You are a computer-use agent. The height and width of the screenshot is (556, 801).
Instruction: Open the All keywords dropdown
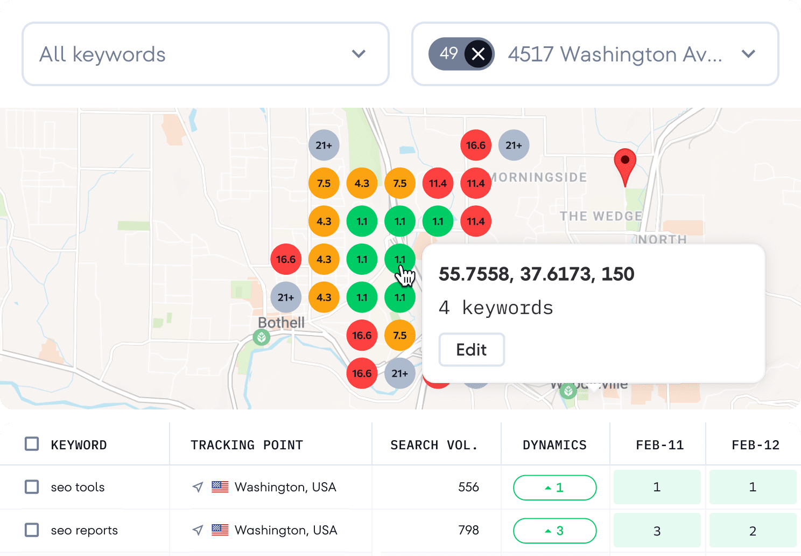(205, 54)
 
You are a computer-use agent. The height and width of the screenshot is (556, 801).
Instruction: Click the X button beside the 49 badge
(478, 54)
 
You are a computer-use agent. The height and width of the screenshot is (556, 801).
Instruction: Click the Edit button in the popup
(472, 350)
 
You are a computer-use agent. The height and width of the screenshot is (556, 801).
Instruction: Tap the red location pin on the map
(625, 165)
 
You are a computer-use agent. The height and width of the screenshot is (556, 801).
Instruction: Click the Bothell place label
(281, 323)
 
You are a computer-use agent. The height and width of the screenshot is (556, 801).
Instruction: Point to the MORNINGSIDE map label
(538, 177)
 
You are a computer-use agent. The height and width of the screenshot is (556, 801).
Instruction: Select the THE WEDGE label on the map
(601, 216)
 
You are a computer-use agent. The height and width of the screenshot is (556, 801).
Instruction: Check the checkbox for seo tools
(32, 487)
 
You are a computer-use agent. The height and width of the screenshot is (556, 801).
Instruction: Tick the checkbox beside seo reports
(32, 530)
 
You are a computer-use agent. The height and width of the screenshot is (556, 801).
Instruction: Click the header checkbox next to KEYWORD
(32, 444)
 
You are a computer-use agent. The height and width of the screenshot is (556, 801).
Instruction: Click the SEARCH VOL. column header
(434, 445)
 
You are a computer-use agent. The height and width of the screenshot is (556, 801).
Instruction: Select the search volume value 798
(468, 530)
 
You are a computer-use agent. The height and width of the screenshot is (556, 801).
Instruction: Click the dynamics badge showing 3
(554, 531)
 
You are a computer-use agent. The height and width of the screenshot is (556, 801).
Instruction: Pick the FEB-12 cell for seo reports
(753, 531)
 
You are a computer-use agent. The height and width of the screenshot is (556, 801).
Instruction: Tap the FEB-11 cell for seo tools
(657, 487)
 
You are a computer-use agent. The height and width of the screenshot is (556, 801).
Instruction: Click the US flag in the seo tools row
(220, 487)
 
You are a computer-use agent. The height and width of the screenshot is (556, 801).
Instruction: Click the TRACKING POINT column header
(247, 445)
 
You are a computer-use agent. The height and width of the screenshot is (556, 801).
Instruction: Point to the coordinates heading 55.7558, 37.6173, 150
(536, 274)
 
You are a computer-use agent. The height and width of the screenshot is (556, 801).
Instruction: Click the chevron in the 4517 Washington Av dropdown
(748, 54)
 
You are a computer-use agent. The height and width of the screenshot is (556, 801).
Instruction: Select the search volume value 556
(468, 487)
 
